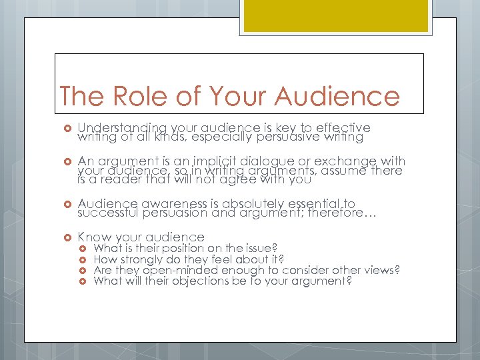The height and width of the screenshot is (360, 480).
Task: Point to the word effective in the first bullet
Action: pyautogui.click(x=339, y=127)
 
